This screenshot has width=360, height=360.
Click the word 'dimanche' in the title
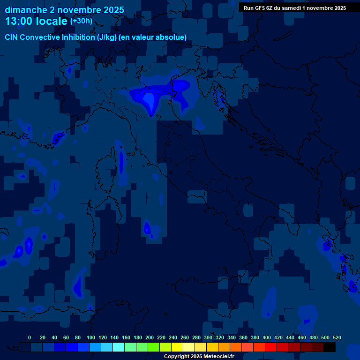tap(23, 10)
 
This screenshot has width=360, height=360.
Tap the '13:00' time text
tap(19, 22)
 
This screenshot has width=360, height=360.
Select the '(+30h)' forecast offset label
tap(81, 21)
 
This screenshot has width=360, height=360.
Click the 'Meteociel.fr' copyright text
tap(216, 357)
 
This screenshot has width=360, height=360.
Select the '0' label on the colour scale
tap(30, 337)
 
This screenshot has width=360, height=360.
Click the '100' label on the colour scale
tap(91, 337)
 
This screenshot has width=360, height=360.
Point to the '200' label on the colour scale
tap(150, 337)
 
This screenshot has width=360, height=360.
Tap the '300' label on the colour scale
tap(208, 337)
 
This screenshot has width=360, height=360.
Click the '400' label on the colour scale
tap(267, 337)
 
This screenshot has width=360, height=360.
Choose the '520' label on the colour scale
tap(337, 337)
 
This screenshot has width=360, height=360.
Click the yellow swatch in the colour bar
tap(177, 347)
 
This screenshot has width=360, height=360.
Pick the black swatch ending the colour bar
tap(330, 347)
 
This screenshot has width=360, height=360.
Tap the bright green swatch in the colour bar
tap(154, 347)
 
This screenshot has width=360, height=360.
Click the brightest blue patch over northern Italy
tap(149, 100)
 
